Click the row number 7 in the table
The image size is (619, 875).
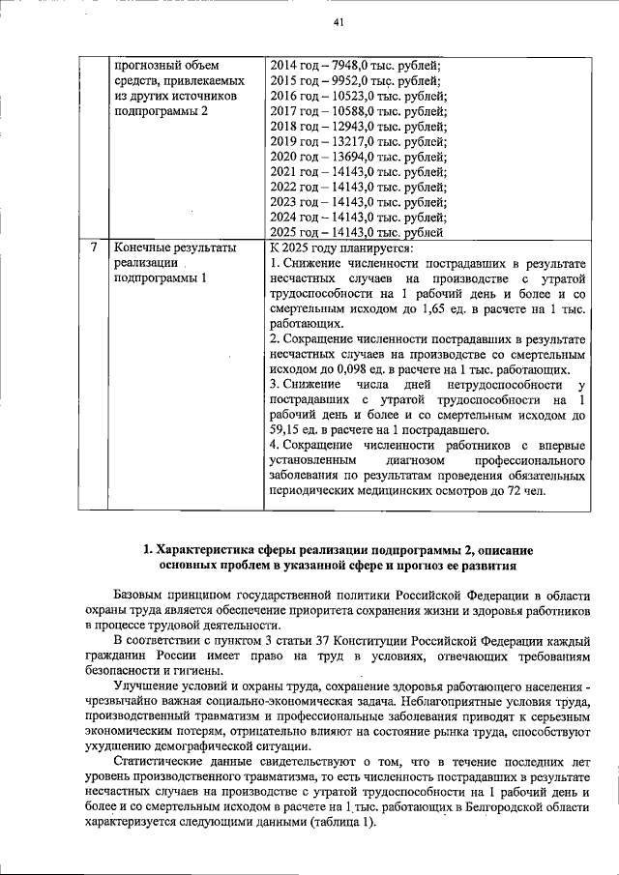[x=93, y=248]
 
